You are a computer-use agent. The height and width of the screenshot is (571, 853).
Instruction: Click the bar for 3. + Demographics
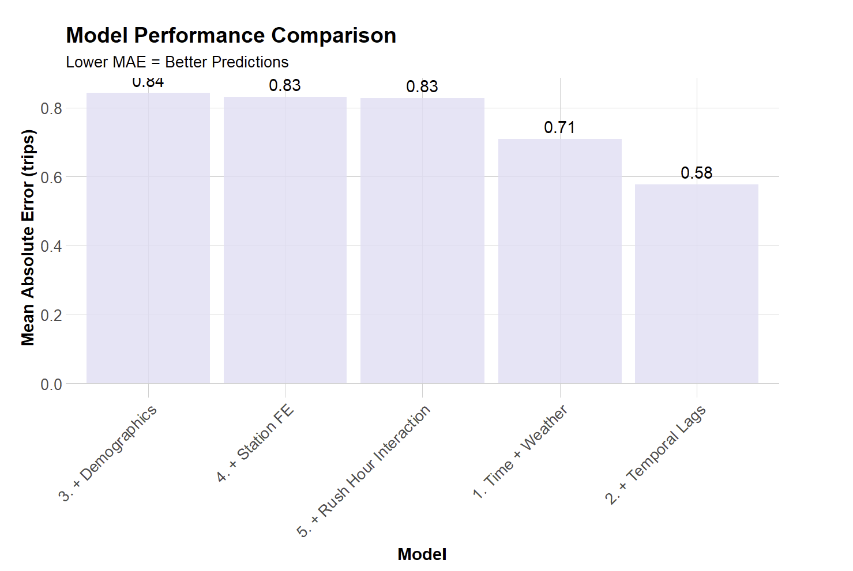pyautogui.click(x=148, y=238)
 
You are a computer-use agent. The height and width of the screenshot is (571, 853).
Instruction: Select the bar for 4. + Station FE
pyautogui.click(x=285, y=240)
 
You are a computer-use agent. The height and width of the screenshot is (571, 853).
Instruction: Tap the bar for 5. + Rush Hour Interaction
pyautogui.click(x=422, y=240)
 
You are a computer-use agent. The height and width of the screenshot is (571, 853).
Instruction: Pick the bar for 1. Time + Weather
pyautogui.click(x=559, y=261)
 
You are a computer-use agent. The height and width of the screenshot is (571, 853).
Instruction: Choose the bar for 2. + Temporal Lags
pyautogui.click(x=696, y=283)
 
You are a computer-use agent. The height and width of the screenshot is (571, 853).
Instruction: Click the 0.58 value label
pyautogui.click(x=696, y=173)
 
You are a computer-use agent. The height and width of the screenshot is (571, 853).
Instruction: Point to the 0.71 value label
pyautogui.click(x=559, y=127)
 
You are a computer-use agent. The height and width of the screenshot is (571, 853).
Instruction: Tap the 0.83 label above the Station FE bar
pyautogui.click(x=285, y=85)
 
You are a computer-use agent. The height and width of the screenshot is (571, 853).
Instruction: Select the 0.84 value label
pyautogui.click(x=148, y=82)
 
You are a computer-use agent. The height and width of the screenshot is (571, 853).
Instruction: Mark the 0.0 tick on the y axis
pyautogui.click(x=51, y=384)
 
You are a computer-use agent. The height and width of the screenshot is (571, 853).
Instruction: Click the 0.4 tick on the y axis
pyautogui.click(x=51, y=246)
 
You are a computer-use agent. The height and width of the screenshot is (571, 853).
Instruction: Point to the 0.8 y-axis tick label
pyautogui.click(x=51, y=108)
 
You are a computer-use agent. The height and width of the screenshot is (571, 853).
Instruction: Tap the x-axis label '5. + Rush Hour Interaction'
pyautogui.click(x=364, y=471)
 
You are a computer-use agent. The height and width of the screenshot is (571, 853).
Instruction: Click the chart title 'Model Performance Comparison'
pyautogui.click(x=231, y=36)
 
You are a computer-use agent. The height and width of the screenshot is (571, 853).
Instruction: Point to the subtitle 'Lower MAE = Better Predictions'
pyautogui.click(x=177, y=62)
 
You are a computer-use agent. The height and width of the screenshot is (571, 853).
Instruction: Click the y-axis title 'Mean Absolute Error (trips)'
pyautogui.click(x=28, y=237)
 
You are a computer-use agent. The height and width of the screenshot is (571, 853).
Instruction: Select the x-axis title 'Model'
pyautogui.click(x=422, y=554)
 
